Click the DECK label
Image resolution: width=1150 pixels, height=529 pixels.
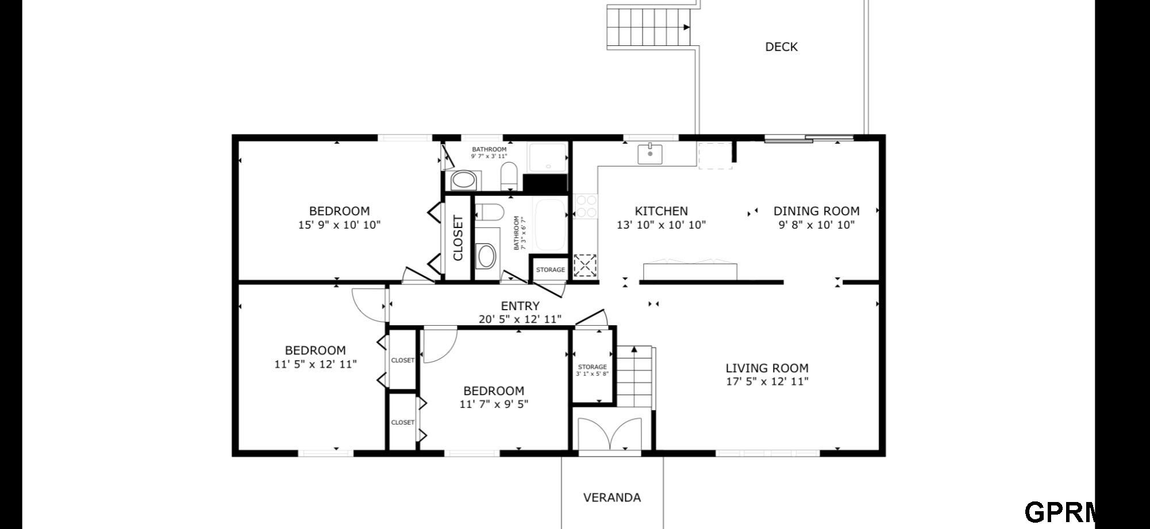781,47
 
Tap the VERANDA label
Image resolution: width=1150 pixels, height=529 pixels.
612,497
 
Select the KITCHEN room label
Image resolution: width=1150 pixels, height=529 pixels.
661,211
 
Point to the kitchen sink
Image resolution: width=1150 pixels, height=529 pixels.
650,155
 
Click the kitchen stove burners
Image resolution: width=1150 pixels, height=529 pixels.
586,206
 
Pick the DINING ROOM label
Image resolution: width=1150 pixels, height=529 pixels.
816,211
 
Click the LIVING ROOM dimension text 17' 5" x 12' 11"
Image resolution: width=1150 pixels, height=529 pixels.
767,382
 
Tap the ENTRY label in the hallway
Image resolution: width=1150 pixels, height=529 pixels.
520,306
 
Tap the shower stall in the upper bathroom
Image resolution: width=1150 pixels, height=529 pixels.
548,157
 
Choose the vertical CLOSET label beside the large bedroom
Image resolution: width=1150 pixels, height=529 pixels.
458,238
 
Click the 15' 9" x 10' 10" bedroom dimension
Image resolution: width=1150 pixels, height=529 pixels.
339,225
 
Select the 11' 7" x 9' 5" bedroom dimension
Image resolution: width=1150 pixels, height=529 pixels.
494,404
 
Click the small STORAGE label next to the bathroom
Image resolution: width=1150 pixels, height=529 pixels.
551,270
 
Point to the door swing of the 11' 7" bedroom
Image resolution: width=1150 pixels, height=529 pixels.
440,345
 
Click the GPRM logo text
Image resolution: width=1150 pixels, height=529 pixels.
1060,512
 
